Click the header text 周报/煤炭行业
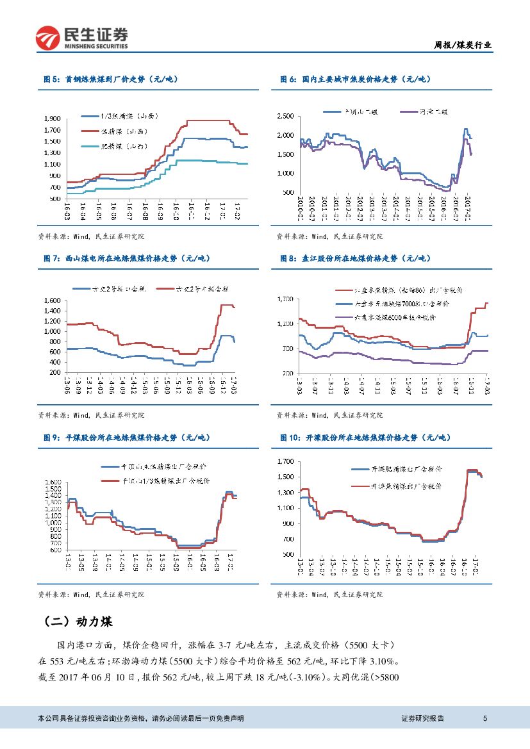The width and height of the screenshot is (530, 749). [x=463, y=45]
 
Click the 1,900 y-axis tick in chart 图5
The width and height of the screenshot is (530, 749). [x=53, y=119]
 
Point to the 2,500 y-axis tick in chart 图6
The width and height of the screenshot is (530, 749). [x=286, y=116]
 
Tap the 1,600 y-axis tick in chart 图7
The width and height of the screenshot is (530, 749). [x=53, y=300]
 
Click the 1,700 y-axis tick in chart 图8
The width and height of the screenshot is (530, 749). [x=285, y=299]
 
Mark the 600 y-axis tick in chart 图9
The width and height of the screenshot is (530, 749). [x=55, y=550]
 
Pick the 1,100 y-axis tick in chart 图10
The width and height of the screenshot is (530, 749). [x=285, y=508]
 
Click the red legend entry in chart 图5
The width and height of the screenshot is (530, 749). [x=122, y=131]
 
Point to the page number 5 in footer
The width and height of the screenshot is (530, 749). [x=485, y=718]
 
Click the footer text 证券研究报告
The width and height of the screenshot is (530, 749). [x=422, y=718]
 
